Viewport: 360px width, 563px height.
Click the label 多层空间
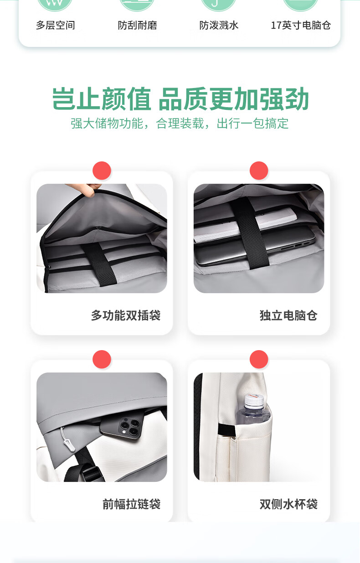[56, 26]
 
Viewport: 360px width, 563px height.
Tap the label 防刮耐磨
[138, 26]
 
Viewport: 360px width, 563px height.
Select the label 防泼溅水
[219, 26]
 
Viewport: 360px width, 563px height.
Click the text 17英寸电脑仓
[301, 26]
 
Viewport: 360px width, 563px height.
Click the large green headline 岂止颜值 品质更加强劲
[180, 98]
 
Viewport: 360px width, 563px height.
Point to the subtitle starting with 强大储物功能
[180, 124]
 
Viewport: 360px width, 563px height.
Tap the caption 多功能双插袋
[126, 315]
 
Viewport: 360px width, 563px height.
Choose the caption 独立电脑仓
[288, 315]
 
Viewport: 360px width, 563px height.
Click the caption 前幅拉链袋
[131, 504]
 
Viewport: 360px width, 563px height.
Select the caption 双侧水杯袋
[288, 504]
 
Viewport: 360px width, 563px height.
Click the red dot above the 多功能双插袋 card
[102, 170]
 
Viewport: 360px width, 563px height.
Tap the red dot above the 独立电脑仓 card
[259, 170]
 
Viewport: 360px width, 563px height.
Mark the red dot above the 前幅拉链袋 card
[102, 359]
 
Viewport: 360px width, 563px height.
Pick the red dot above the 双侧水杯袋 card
[259, 359]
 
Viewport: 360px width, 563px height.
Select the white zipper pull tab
[69, 444]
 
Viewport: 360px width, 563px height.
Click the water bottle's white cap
[254, 401]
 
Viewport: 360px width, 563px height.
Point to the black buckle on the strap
[89, 473]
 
